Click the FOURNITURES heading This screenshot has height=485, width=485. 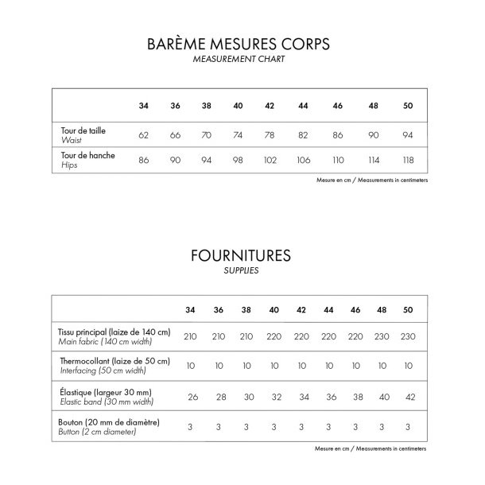[x=240, y=256]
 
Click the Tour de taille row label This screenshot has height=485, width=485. [x=89, y=130]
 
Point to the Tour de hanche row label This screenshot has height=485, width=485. [x=87, y=156]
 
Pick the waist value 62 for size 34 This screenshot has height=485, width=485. [x=144, y=135]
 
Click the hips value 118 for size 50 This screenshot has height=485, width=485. [x=408, y=161]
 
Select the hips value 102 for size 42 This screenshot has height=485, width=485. [x=270, y=161]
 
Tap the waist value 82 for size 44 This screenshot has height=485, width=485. [x=303, y=135]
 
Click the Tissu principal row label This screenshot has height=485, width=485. [x=114, y=332]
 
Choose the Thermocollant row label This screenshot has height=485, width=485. [x=114, y=361]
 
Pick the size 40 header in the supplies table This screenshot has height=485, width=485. [x=274, y=309]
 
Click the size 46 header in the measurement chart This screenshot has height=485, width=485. [x=337, y=106]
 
